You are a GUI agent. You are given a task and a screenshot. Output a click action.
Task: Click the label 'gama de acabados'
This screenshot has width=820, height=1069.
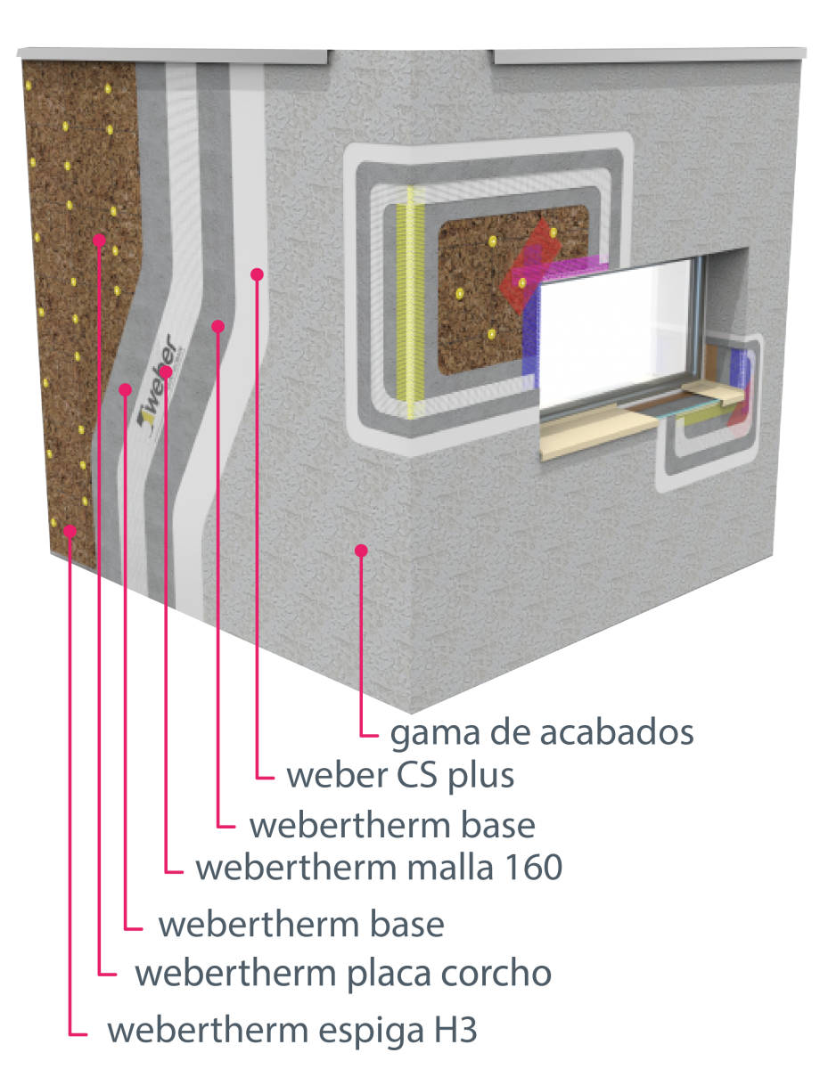pos(542,733)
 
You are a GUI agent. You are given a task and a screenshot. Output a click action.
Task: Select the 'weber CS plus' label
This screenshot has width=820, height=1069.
pos(400,776)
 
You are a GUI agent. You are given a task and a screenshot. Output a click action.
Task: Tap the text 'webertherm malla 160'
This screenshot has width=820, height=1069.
pos(379,868)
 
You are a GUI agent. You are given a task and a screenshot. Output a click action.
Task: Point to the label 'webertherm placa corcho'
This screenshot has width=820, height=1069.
pos(343,974)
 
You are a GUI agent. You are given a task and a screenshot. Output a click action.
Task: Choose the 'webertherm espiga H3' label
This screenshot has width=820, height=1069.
pos(292,1031)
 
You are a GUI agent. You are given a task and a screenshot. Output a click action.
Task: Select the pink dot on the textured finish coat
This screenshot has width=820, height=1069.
pos(361,551)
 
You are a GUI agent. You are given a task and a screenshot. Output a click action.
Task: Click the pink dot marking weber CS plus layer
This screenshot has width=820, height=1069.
pos(257,274)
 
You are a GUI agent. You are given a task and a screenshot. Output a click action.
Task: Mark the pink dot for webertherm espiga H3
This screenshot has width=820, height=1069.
pos(70,531)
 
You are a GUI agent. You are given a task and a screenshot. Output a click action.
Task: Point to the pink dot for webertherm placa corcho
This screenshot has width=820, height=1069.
pos(100,240)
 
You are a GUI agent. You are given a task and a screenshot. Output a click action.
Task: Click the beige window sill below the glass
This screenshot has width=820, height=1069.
pos(601,432)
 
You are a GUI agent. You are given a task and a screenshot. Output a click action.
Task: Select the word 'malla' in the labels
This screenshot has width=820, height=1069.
pos(450,868)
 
